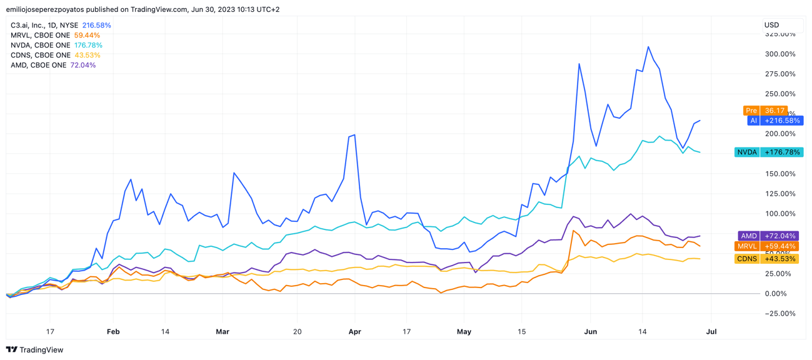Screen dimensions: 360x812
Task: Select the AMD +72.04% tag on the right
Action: coord(768,236)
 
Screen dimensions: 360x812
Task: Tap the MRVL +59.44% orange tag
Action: coord(768,246)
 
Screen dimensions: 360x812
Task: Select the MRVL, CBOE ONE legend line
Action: coord(55,36)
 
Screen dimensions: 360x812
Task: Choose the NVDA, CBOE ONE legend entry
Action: coord(56,46)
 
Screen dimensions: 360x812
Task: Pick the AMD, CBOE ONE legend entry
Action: coord(53,66)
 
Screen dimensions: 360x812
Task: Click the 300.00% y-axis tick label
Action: coord(780,54)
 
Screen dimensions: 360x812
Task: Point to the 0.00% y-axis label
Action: coord(782,294)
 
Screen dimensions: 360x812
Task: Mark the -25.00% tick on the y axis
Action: coord(780,314)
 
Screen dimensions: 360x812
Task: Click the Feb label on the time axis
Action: coord(113,332)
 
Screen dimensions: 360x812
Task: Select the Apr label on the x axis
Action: coord(354,332)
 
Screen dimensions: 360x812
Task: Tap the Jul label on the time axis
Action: coord(711,332)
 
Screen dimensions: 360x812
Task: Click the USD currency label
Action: coord(772,26)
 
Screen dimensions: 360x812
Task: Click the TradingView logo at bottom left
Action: coord(35,350)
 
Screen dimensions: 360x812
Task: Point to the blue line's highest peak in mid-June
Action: coord(648,47)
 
